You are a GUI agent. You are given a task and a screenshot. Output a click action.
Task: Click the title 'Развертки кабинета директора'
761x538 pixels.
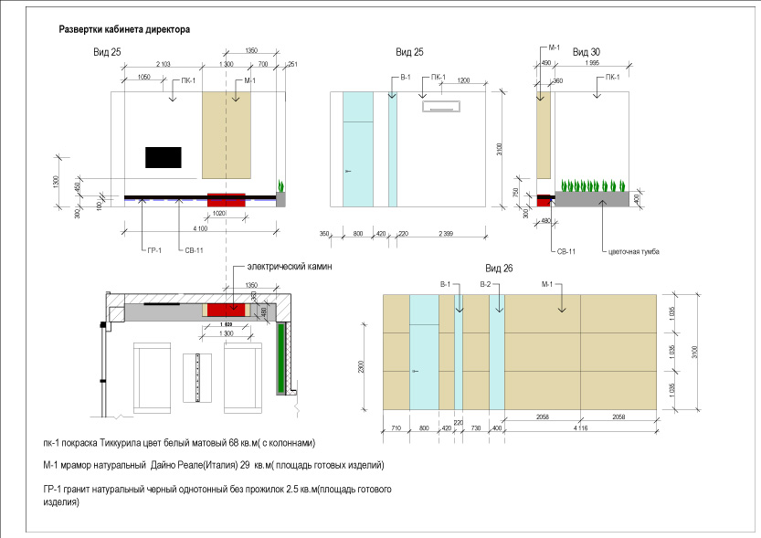(x=124, y=29)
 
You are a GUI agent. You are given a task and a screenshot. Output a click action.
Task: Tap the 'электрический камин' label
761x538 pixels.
(x=281, y=267)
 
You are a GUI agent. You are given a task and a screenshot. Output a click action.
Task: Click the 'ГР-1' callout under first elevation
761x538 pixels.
(x=153, y=250)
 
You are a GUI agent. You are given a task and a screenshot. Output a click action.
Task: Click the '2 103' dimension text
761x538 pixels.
(x=164, y=65)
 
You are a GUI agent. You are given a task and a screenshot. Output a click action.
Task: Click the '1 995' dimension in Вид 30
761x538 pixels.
(x=591, y=65)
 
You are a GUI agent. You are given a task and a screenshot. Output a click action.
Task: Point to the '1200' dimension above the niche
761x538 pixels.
(x=464, y=81)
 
